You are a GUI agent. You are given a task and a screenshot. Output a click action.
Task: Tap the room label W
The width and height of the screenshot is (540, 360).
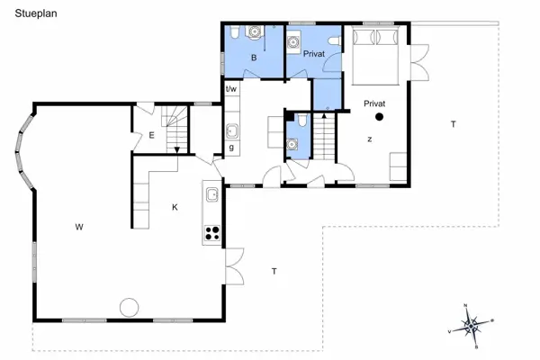point(79,226)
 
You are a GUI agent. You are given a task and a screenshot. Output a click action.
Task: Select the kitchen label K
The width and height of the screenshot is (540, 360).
point(175,207)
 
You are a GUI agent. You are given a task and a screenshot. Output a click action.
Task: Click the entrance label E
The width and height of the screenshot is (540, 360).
point(152,136)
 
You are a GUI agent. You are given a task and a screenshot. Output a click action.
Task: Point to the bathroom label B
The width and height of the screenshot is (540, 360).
point(254,58)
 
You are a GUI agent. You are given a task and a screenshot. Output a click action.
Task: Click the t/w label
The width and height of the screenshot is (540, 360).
point(231,88)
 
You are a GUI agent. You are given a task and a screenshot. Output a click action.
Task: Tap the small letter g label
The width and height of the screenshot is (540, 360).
point(231,147)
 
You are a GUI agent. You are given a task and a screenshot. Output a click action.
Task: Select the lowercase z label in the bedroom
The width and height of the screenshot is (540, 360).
point(369,139)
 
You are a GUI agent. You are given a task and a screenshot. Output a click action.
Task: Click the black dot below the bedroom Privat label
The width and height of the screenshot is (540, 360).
point(380,116)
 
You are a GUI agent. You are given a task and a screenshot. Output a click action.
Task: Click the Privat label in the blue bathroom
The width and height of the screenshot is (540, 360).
point(312,55)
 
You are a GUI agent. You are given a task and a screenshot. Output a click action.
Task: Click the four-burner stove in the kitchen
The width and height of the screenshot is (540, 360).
point(213,233)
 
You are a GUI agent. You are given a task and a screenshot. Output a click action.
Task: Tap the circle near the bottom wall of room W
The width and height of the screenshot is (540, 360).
point(130,306)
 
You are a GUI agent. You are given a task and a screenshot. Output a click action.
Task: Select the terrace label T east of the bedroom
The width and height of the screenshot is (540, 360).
point(453,123)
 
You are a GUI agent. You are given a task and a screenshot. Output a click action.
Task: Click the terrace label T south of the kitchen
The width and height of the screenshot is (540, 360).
point(274,270)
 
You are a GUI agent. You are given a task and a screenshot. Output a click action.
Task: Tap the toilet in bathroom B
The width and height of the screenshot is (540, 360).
point(234,34)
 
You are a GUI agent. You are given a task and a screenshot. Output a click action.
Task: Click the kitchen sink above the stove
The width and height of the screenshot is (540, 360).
point(213,193)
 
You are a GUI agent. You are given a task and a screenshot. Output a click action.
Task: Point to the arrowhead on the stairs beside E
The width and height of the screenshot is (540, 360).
point(177,149)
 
